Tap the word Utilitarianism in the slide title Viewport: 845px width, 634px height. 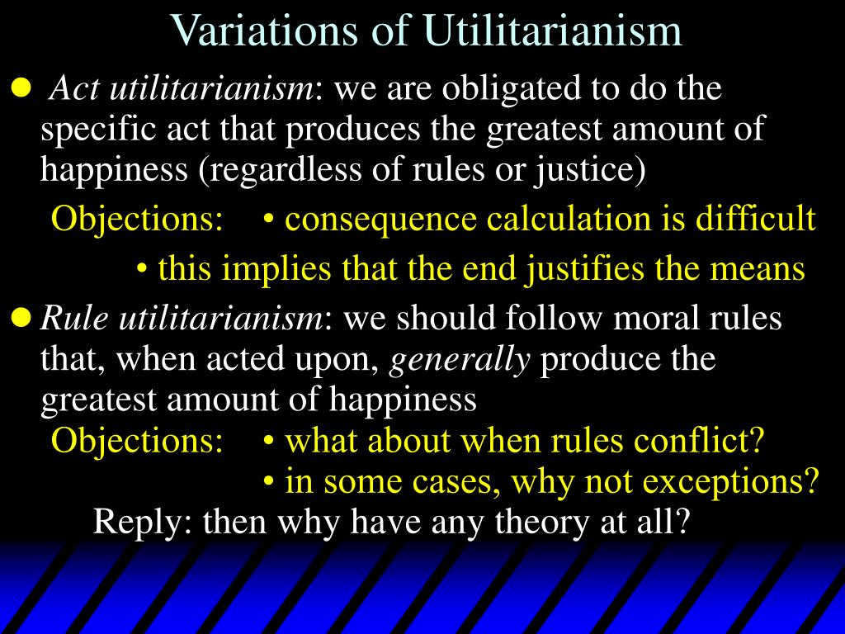pyautogui.click(x=552, y=31)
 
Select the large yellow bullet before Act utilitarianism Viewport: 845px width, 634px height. pyautogui.click(x=21, y=88)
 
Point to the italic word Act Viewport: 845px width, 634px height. pyautogui.click(x=73, y=88)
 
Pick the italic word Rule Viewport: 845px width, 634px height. pyautogui.click(x=73, y=318)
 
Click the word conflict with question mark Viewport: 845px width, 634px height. pyautogui.click(x=698, y=440)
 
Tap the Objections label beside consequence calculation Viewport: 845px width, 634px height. pyautogui.click(x=137, y=220)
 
